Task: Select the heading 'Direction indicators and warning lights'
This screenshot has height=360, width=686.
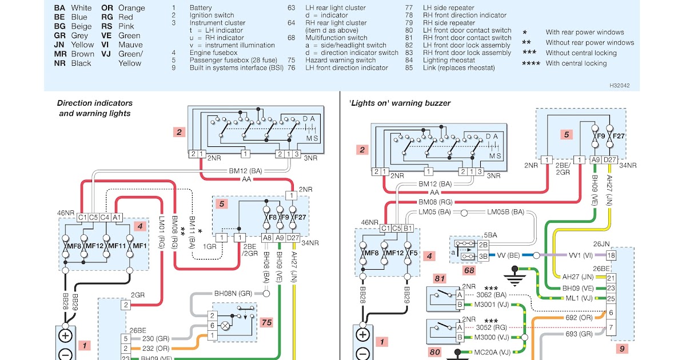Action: point(95,108)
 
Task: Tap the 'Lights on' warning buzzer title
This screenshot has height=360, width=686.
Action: point(400,103)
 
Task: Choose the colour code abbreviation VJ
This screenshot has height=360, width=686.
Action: point(106,54)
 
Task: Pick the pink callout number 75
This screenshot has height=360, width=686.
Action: point(266,322)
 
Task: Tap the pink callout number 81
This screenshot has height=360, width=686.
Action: point(439,279)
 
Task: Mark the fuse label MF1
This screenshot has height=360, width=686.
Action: point(140,246)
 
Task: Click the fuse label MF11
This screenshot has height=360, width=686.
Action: point(117,246)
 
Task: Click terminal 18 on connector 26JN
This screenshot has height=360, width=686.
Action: point(611,255)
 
